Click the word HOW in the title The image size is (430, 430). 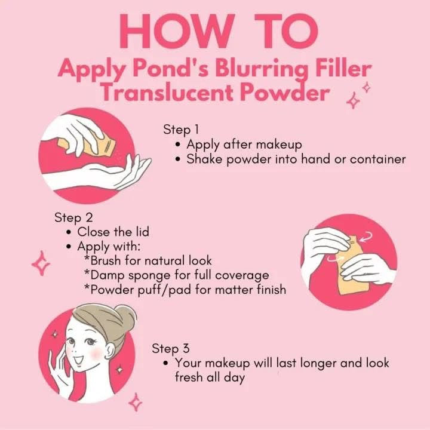(177, 31)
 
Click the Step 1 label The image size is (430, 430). (181, 130)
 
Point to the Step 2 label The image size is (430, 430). (74, 218)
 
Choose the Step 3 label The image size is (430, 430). (171, 349)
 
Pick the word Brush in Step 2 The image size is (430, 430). (105, 260)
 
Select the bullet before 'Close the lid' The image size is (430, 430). (69, 232)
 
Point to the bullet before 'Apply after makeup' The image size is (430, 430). (178, 145)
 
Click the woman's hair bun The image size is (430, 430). (125, 316)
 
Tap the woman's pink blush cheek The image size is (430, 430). (96, 354)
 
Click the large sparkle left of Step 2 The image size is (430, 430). (41, 263)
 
